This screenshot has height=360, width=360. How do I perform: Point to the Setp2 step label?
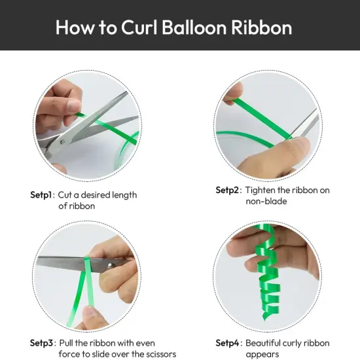(228, 190)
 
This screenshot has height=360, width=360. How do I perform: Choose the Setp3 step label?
(43, 342)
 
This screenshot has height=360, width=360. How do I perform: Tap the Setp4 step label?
(229, 342)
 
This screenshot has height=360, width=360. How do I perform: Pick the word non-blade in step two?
(266, 202)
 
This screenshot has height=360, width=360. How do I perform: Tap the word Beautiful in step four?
(267, 342)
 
